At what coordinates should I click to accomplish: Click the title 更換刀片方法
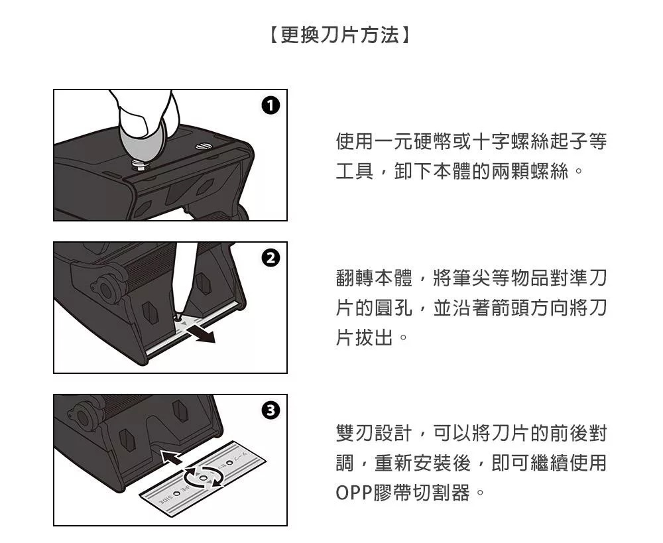click(x=339, y=35)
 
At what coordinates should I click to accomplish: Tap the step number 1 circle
click(x=271, y=105)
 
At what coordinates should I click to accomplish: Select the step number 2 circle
click(x=271, y=257)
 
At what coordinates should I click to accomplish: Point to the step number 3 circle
click(x=271, y=410)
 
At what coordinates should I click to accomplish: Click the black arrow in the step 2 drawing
click(x=202, y=334)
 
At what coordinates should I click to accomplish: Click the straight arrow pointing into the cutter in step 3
click(x=171, y=457)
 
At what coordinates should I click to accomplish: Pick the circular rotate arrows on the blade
click(x=204, y=477)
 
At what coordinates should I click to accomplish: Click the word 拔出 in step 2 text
click(x=375, y=337)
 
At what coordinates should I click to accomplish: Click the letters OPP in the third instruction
click(x=354, y=493)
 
